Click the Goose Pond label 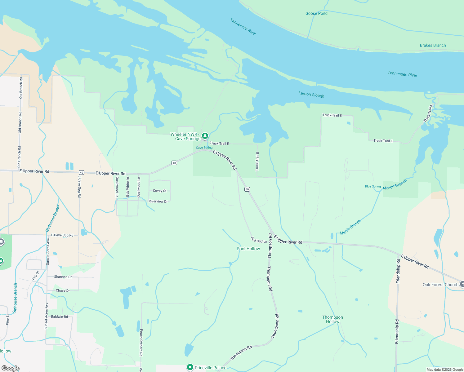(x=316, y=13)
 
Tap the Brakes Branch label (x=433, y=45)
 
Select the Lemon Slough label (x=311, y=95)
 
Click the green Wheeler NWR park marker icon (x=205, y=136)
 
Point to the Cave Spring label (x=204, y=148)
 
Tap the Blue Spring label (x=373, y=186)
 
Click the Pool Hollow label (x=248, y=249)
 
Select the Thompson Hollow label (x=332, y=319)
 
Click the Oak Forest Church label (x=440, y=285)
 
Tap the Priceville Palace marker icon (x=190, y=367)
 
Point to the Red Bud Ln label (x=259, y=240)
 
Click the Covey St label (x=159, y=191)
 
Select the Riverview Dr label (x=158, y=201)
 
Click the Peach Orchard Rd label (x=141, y=343)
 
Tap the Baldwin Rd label (x=59, y=317)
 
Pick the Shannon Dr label (x=63, y=277)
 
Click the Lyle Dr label (x=36, y=276)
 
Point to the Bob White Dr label (x=128, y=187)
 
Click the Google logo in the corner (x=10, y=368)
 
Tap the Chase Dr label (x=63, y=290)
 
